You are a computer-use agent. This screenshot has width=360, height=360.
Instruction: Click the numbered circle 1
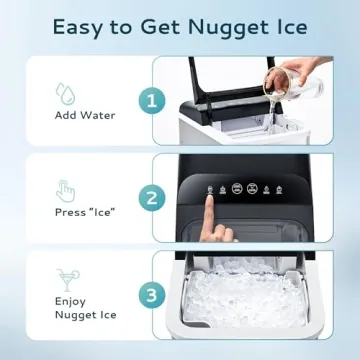153,100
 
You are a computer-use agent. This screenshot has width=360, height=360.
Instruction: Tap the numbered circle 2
153,198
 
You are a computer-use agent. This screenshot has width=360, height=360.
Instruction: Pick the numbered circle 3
153,296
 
